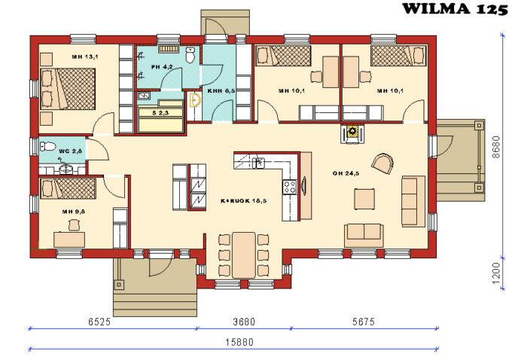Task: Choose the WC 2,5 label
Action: (x=70, y=151)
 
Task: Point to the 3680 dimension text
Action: (x=243, y=322)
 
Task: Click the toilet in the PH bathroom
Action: (x=190, y=55)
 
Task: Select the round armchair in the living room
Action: (x=382, y=163)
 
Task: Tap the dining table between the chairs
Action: (x=243, y=255)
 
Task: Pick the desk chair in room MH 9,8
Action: (x=73, y=224)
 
